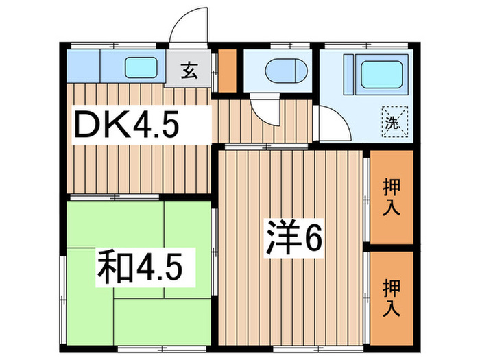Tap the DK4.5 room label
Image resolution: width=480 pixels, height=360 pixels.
coord(127,125)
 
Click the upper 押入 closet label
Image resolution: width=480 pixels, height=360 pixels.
coord(391,197)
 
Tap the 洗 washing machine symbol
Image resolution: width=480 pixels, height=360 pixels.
coord(392,123)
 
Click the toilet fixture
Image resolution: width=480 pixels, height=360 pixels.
coord(281,70)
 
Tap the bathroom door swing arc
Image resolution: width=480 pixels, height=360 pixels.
coord(332,125)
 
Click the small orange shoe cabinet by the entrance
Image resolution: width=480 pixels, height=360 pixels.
coord(227,71)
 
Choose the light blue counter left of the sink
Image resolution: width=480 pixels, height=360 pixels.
coord(83,67)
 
